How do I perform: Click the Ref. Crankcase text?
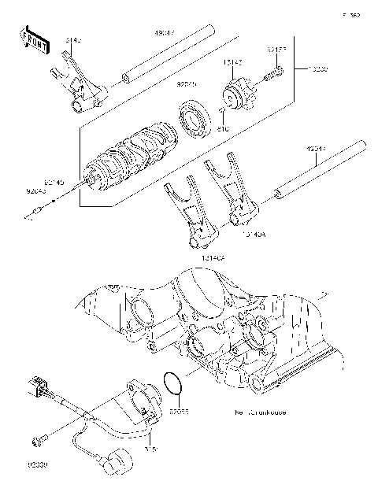coord(260,412)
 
